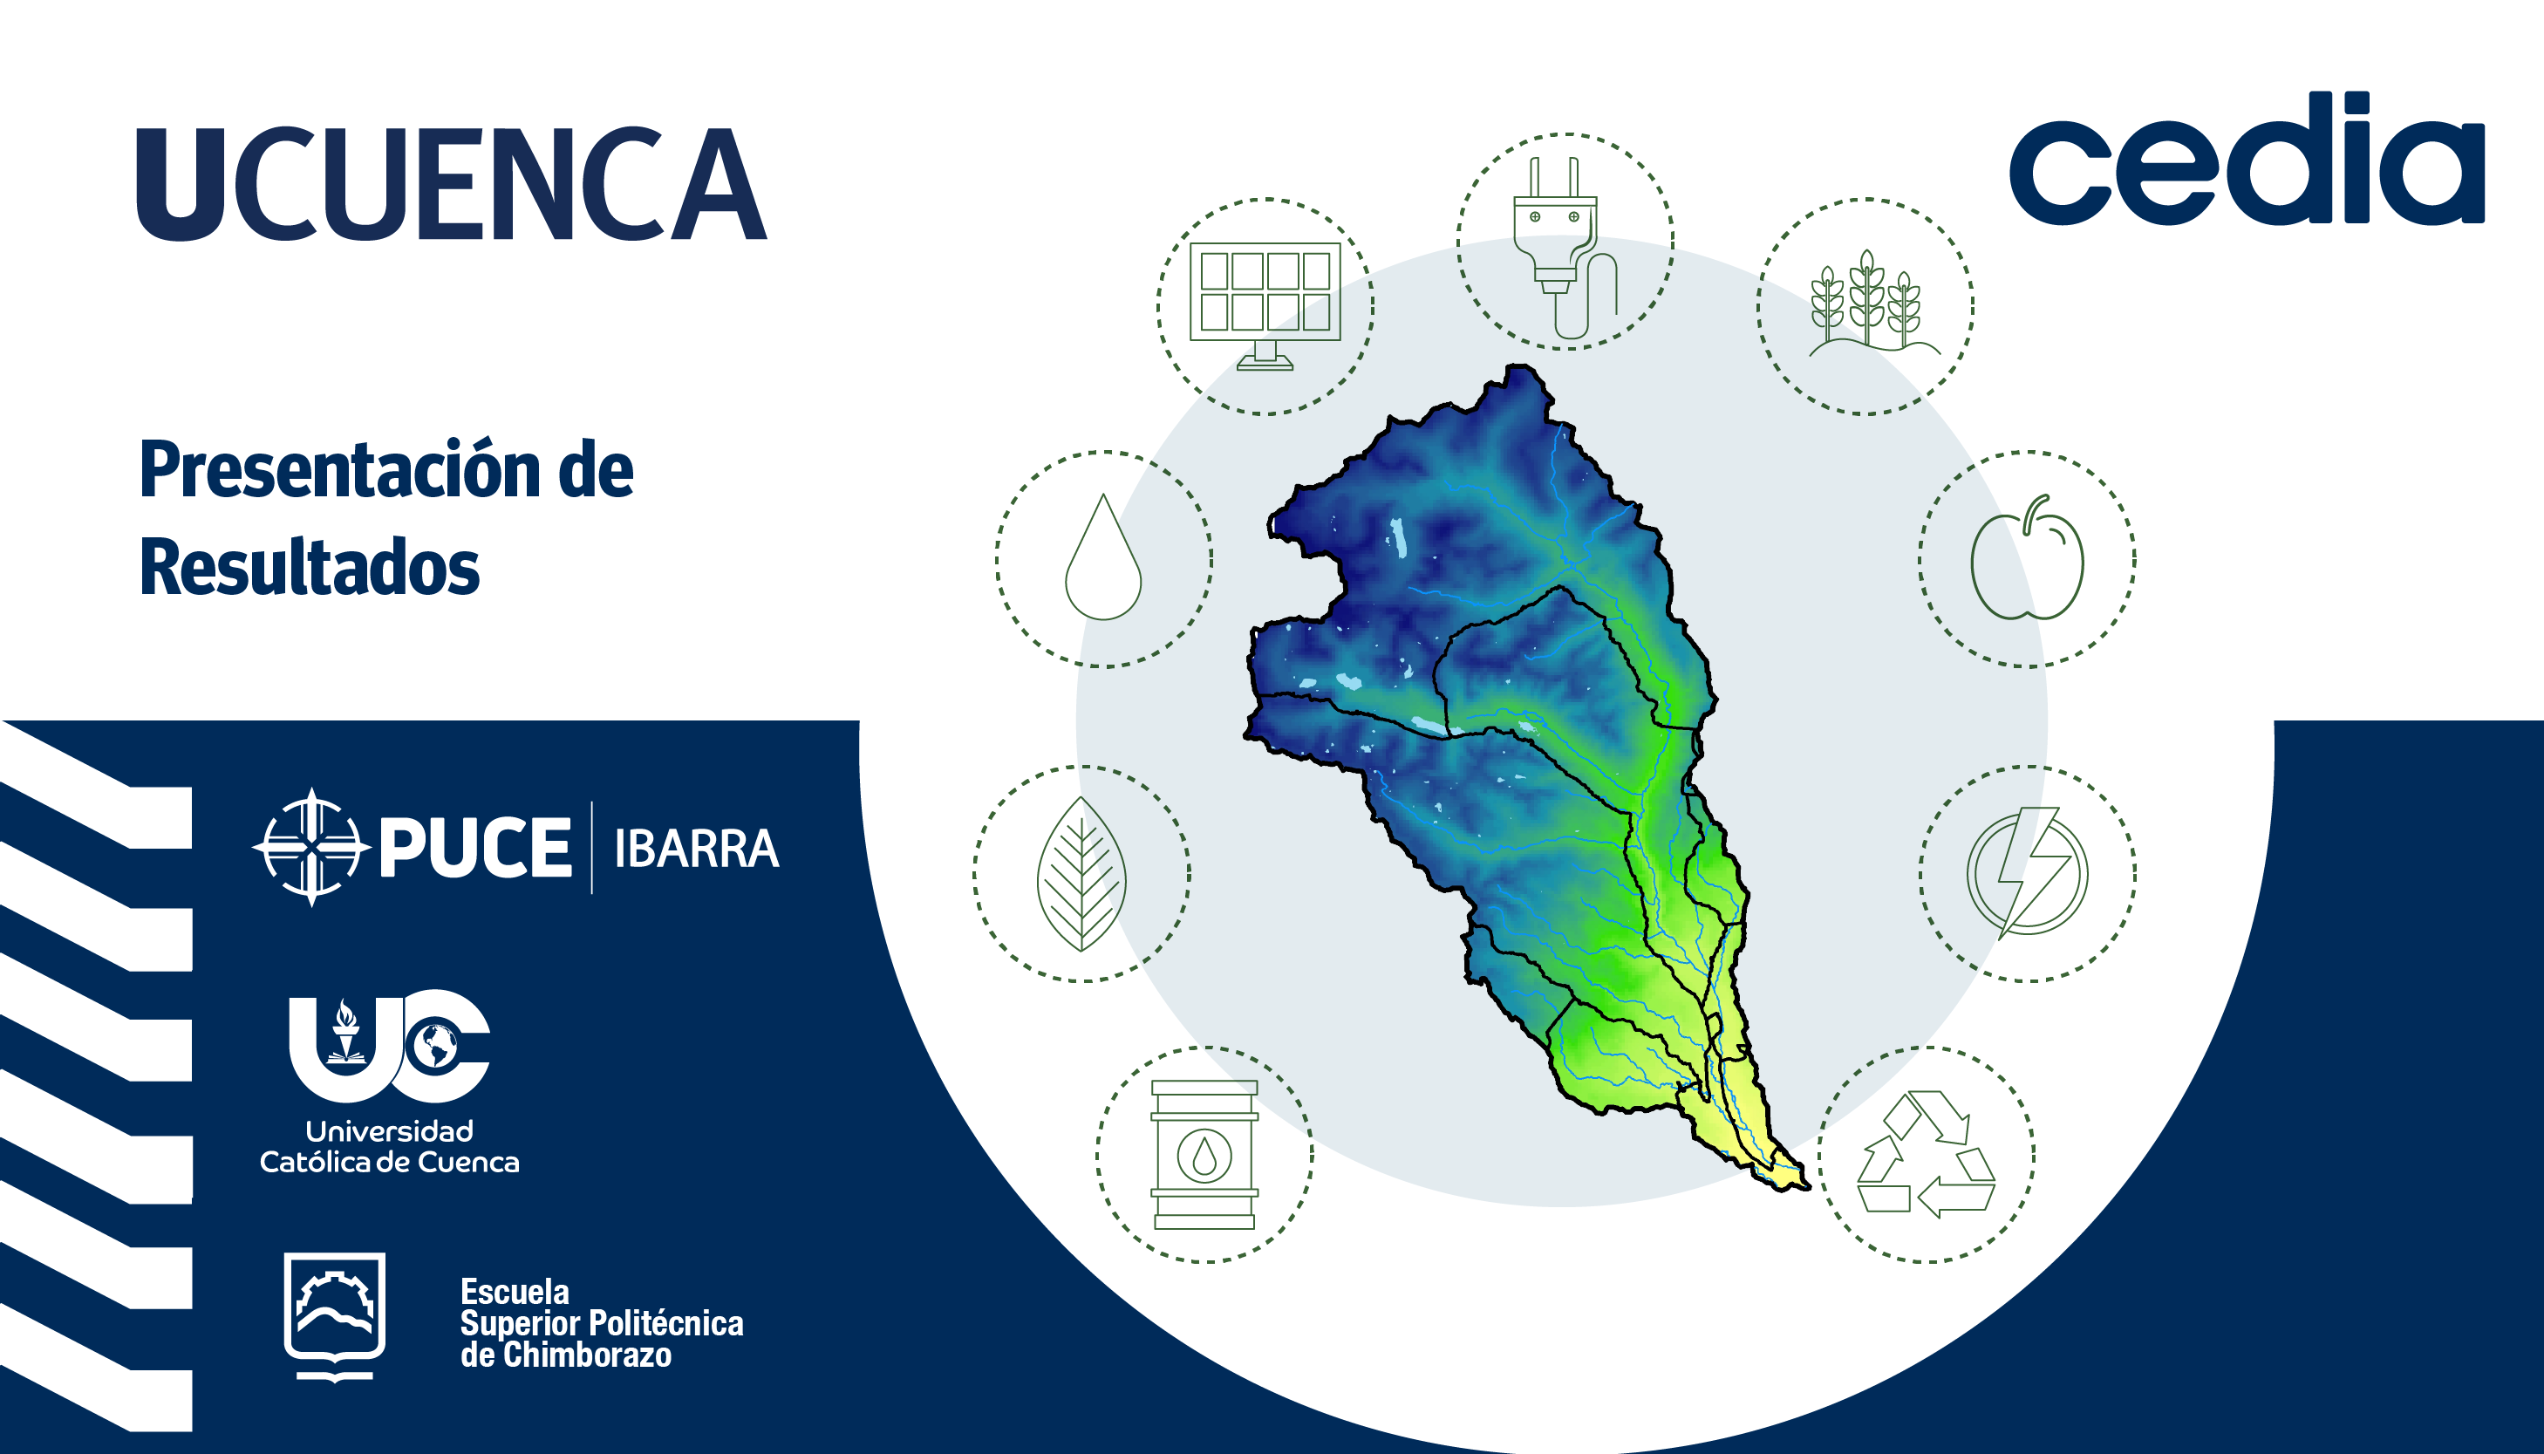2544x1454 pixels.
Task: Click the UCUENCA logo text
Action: (451, 184)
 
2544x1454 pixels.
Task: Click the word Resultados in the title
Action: (310, 567)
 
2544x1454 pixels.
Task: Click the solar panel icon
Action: (1265, 305)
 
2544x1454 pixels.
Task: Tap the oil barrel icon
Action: (1204, 1155)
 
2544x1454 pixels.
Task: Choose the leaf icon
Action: (1081, 874)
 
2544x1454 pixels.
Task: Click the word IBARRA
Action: (696, 849)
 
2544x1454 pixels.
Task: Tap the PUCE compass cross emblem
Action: (311, 847)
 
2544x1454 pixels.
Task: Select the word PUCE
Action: (475, 848)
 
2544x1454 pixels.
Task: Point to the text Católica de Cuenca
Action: (389, 1163)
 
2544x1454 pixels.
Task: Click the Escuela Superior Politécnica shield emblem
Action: (335, 1316)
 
